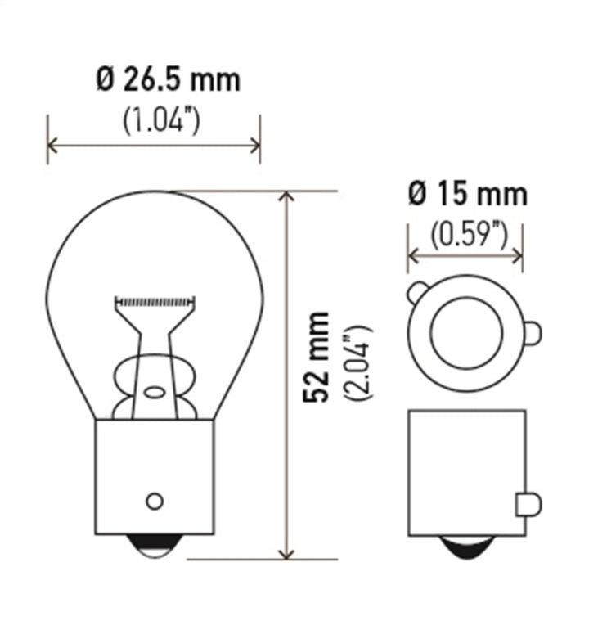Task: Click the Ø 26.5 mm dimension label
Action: click(x=168, y=80)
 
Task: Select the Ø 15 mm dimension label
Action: click(x=467, y=194)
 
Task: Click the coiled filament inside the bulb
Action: click(x=155, y=301)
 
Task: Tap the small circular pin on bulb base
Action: click(x=154, y=501)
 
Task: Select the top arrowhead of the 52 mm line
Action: click(x=286, y=197)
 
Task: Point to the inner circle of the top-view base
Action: click(x=465, y=332)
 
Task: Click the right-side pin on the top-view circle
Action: click(x=532, y=333)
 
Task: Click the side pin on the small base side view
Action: click(x=528, y=505)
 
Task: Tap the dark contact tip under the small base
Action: click(x=465, y=547)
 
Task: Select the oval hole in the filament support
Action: click(x=154, y=391)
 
